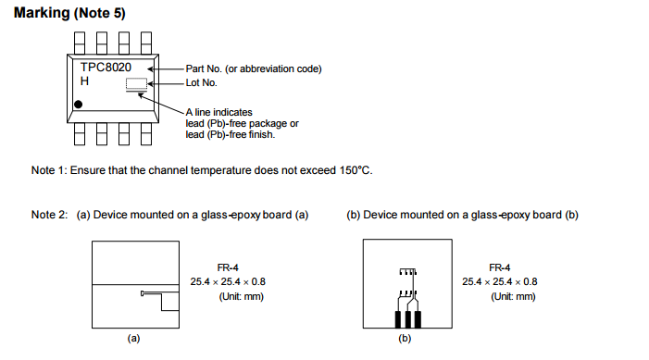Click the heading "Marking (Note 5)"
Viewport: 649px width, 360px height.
[69, 13]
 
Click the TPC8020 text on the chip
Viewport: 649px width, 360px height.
[106, 68]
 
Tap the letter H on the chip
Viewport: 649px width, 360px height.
[84, 82]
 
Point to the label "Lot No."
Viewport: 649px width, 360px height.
[202, 83]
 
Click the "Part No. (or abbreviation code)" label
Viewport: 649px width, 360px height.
[253, 68]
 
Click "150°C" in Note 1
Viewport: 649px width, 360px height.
[356, 170]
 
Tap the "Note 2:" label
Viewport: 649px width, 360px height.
[49, 215]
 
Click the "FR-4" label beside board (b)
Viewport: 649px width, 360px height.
[500, 267]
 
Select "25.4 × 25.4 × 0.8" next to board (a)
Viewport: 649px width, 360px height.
[229, 281]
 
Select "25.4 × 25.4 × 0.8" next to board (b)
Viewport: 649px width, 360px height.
[500, 281]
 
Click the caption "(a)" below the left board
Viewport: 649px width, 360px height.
[133, 339]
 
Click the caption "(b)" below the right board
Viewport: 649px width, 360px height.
[405, 339]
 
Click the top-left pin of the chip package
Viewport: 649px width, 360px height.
[80, 42]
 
